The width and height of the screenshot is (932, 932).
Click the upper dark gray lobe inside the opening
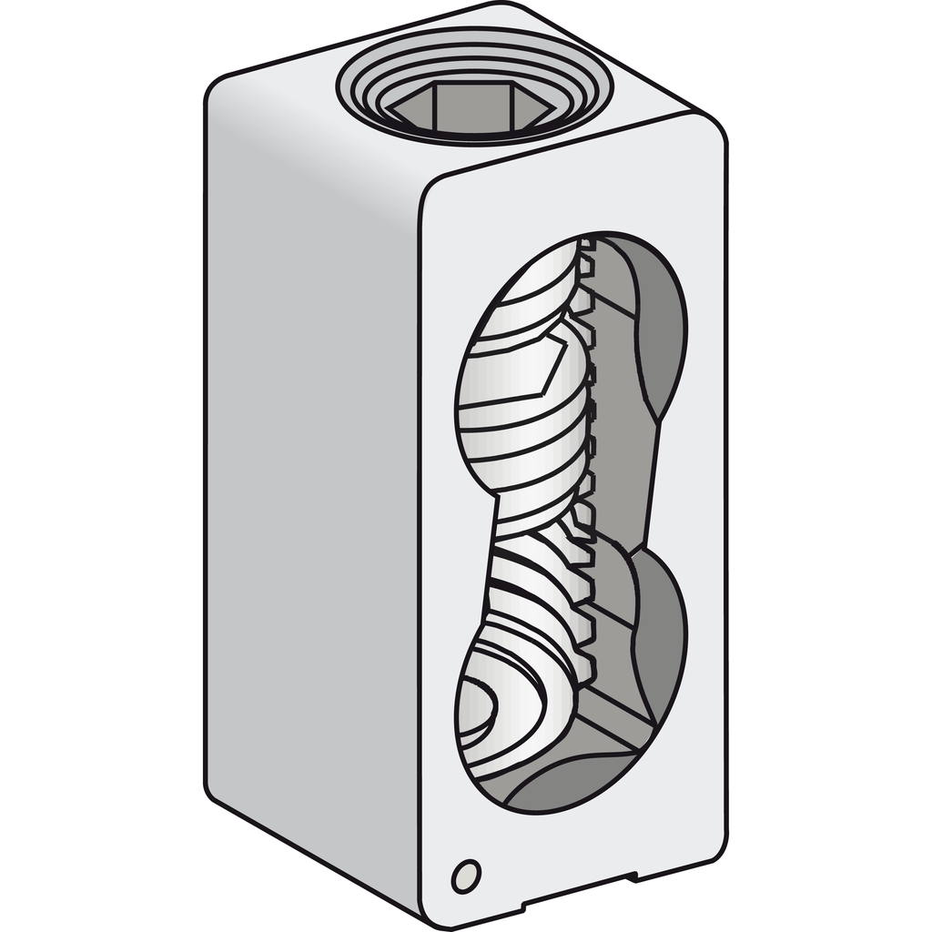[x=661, y=337]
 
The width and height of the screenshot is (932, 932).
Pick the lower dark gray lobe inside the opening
[x=663, y=637]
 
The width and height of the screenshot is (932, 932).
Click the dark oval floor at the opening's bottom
[x=573, y=783]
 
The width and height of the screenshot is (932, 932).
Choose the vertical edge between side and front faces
[x=420, y=546]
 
